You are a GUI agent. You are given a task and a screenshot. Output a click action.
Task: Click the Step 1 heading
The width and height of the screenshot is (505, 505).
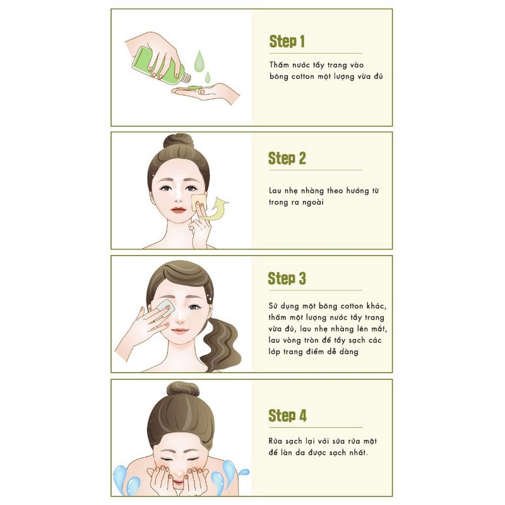[287, 42]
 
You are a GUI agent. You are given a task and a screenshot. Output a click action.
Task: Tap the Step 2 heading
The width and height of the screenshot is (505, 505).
[287, 158]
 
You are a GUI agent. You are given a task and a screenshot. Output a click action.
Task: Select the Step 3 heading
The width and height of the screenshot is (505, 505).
[287, 278]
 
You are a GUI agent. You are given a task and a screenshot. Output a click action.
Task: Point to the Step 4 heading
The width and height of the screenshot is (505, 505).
[287, 415]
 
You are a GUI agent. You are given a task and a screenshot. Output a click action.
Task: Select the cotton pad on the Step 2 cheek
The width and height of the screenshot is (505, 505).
[199, 202]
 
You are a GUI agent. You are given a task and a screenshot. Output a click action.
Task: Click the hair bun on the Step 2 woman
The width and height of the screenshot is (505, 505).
[179, 141]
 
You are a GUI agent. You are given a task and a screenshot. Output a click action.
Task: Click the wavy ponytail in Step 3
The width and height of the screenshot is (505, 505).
[222, 345]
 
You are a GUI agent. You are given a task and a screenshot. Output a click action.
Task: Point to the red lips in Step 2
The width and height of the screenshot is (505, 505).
[179, 210]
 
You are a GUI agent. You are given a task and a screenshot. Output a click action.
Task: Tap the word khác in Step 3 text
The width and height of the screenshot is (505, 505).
[376, 306]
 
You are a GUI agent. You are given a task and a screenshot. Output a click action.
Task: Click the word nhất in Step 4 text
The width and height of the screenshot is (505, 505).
[357, 453]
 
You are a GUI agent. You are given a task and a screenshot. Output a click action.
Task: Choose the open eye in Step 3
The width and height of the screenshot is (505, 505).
[194, 307]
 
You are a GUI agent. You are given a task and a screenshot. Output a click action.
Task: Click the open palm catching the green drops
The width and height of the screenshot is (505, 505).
[206, 93]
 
